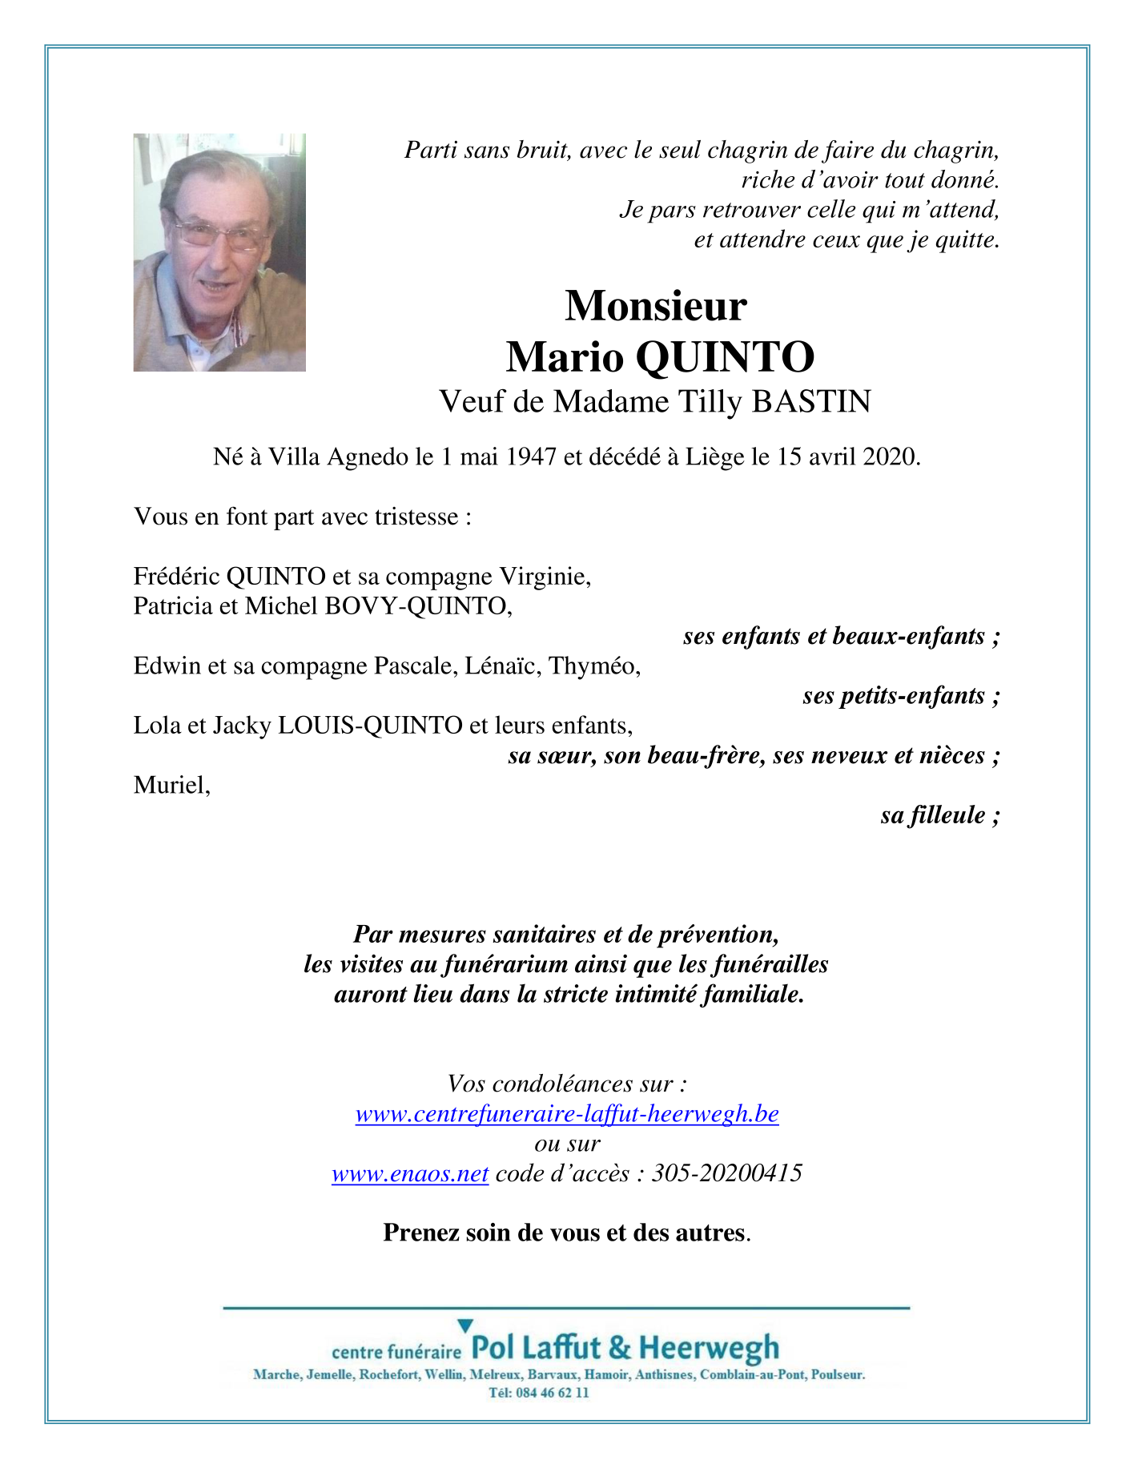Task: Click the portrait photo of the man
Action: click(219, 252)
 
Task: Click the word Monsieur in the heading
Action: click(655, 305)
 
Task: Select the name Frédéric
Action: click(177, 576)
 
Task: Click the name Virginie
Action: click(544, 576)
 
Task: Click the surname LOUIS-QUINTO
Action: click(369, 726)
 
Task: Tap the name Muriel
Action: click(171, 785)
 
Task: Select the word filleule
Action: click(947, 815)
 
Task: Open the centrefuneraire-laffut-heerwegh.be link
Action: click(567, 1114)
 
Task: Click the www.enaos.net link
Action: click(410, 1174)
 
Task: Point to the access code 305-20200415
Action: click(726, 1174)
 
